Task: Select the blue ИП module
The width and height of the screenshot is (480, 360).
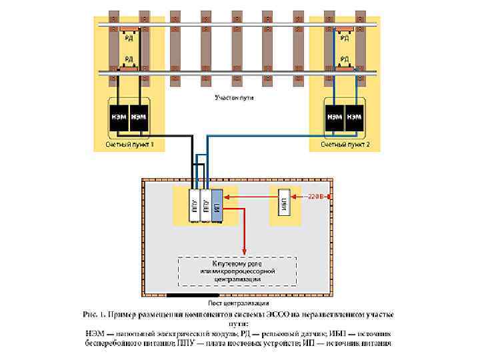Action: click(217, 205)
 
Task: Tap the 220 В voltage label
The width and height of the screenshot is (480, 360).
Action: click(316, 197)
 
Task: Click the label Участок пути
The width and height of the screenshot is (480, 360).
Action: click(234, 98)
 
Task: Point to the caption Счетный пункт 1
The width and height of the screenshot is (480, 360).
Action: click(129, 144)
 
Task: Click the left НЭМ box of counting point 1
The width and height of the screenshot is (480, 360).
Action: click(119, 117)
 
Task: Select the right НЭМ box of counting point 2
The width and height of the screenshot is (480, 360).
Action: click(355, 117)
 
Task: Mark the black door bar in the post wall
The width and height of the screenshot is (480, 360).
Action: click(193, 294)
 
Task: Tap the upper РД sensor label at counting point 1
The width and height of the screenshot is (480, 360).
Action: click(129, 39)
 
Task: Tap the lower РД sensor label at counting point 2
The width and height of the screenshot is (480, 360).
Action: click(345, 59)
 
